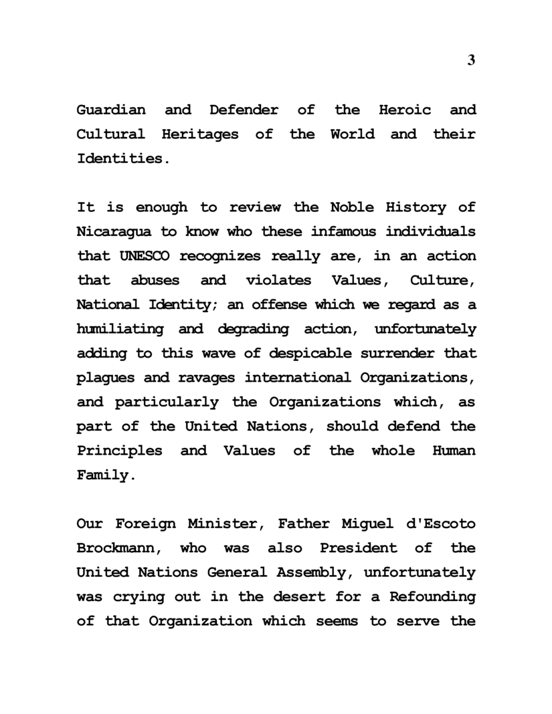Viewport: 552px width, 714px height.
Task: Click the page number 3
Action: pos(471,60)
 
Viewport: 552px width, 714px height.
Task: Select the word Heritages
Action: pos(200,134)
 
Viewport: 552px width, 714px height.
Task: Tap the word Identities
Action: pos(120,159)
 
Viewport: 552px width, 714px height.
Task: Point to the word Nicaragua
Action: pos(116,231)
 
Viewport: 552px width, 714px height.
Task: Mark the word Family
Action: pos(102,475)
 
